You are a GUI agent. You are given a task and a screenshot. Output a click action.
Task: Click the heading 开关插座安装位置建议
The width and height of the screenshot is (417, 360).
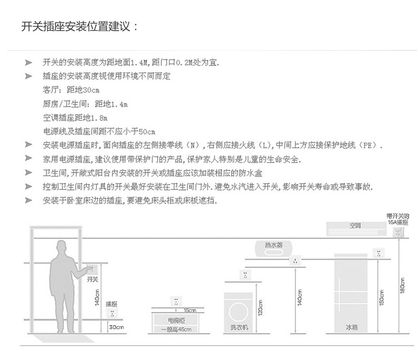tap(79, 26)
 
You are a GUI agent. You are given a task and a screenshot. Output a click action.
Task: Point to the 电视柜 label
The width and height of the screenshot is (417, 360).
tap(176, 320)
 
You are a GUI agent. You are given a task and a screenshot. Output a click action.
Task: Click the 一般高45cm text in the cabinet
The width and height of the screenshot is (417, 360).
tap(176, 330)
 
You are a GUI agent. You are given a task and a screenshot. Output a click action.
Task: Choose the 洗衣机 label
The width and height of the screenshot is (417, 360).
tap(239, 328)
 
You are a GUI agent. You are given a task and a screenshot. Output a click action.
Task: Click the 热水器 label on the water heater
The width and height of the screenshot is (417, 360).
tap(273, 246)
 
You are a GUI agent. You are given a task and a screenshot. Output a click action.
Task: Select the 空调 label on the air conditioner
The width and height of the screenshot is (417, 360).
tap(355, 227)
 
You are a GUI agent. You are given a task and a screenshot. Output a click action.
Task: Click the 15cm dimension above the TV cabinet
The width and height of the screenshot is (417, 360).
tap(191, 310)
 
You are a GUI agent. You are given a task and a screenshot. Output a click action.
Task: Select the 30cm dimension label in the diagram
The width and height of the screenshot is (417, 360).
tap(116, 327)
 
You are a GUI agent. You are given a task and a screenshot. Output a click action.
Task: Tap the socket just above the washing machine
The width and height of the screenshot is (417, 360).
tap(244, 274)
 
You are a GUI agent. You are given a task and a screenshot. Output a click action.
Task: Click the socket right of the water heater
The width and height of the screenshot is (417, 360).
tap(296, 260)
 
